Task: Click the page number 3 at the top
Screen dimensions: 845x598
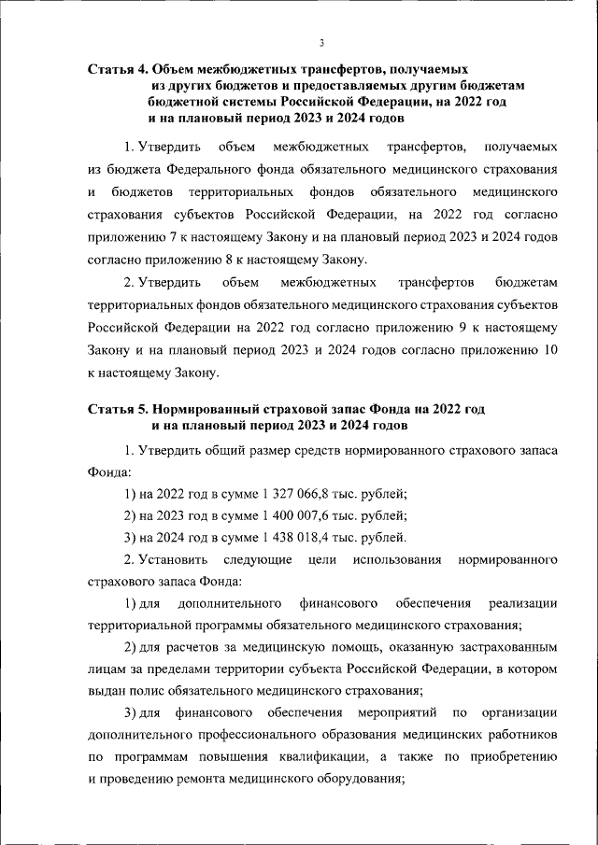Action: pyautogui.click(x=320, y=42)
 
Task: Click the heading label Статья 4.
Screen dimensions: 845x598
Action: pyautogui.click(x=118, y=69)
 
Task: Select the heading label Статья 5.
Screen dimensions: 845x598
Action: pyautogui.click(x=118, y=410)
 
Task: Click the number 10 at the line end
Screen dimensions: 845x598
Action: pyautogui.click(x=550, y=350)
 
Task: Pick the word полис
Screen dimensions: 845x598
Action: pyautogui.click(x=140, y=692)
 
